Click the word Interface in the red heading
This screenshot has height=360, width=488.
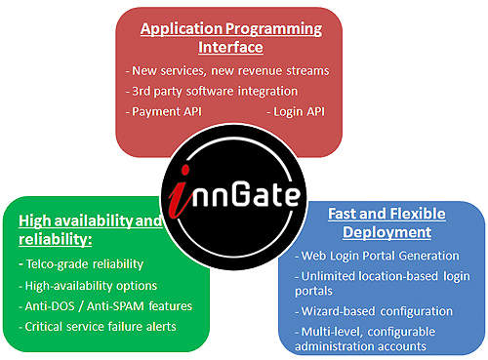coord(230,47)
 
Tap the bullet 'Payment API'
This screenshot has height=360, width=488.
coord(164,111)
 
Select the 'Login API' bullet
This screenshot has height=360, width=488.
coord(296,111)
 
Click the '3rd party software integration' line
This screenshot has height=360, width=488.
coord(212,92)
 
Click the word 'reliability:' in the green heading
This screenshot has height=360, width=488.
coord(56,240)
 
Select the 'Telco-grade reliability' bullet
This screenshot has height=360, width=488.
coord(81,264)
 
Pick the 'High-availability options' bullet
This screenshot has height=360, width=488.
coord(88,286)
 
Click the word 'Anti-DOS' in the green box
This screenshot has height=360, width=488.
coord(50,306)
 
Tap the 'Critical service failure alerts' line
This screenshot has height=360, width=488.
coord(98,327)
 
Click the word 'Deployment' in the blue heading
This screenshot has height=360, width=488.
coord(386,233)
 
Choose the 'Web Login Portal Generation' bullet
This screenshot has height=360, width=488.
coord(377,256)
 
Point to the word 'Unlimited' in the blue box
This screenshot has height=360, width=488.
coord(328,276)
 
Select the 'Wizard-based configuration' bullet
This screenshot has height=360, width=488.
coord(374,311)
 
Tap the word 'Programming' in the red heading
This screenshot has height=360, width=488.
coord(273,29)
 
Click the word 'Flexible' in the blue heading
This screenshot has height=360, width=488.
coord(418,214)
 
